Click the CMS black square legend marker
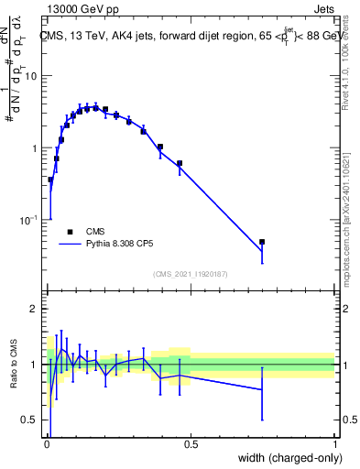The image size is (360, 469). (71, 232)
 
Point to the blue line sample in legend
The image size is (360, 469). (71, 245)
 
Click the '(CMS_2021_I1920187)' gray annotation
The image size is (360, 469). (191, 272)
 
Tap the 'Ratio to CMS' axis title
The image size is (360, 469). (13, 365)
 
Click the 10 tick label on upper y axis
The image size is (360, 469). (31, 76)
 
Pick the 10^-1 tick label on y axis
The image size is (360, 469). (29, 221)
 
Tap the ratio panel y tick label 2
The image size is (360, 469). (35, 309)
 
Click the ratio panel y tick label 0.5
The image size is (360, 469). (31, 420)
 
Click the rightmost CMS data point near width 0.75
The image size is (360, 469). (262, 242)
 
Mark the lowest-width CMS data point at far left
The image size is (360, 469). (50, 180)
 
